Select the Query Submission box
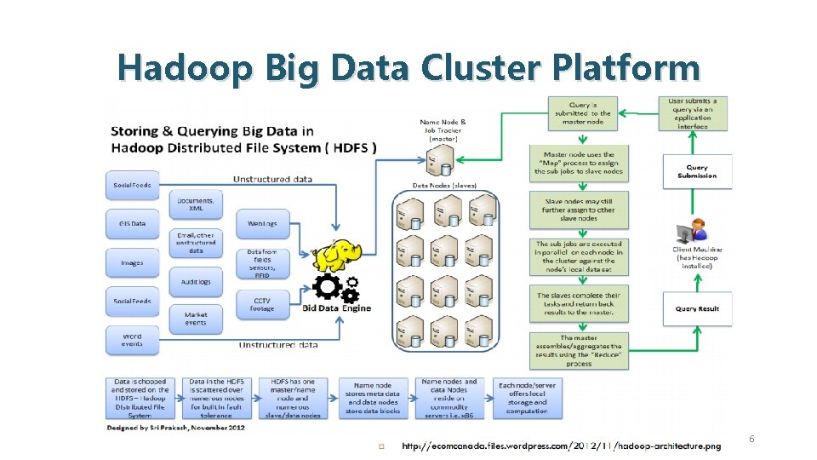(x=697, y=171)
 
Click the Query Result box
(x=697, y=308)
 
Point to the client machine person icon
(x=693, y=231)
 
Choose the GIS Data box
(x=132, y=223)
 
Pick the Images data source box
(x=132, y=262)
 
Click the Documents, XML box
(x=196, y=204)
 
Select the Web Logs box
(x=262, y=223)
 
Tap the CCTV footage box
(x=262, y=303)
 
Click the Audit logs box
(x=196, y=281)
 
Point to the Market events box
(x=196, y=319)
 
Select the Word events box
(x=132, y=340)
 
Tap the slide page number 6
(x=751, y=439)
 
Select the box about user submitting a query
(x=697, y=112)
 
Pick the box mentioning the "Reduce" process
(x=579, y=350)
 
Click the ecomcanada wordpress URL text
(x=561, y=446)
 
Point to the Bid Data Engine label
(x=337, y=308)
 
